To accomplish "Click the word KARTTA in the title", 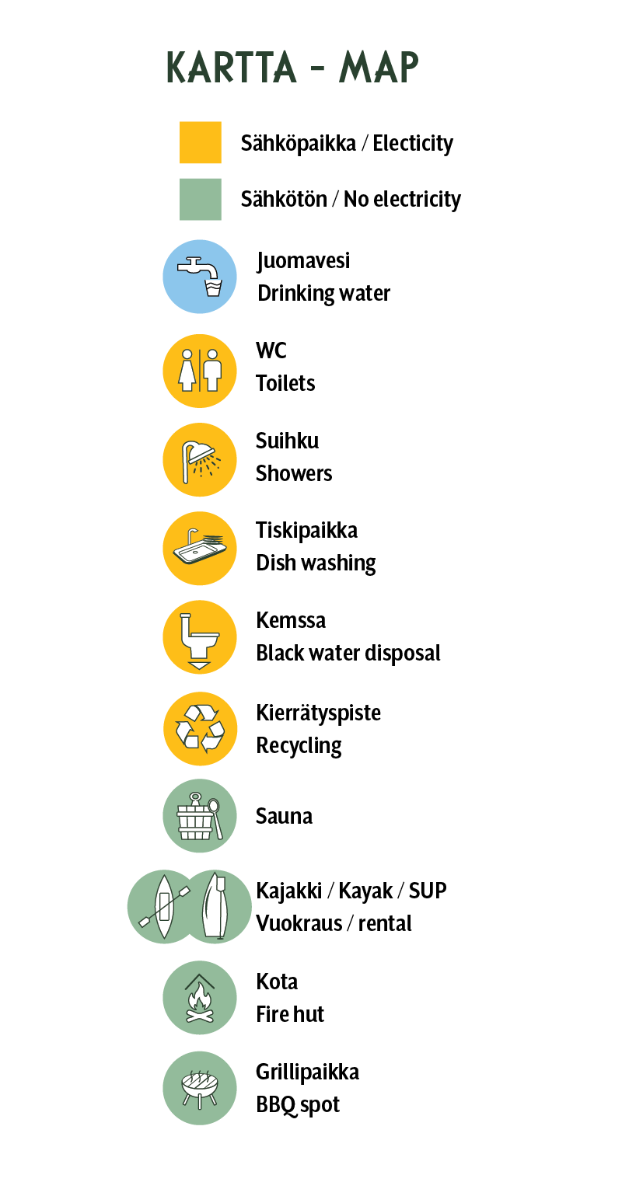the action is [x=231, y=68].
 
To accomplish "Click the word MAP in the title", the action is [x=379, y=68].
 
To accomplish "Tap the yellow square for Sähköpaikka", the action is [x=201, y=142].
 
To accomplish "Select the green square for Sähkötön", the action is [x=201, y=199].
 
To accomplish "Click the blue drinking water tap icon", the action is [x=200, y=277].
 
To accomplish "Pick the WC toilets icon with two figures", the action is [x=200, y=371].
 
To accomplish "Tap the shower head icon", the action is [x=200, y=460].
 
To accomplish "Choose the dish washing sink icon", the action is [x=200, y=549].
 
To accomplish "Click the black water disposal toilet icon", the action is [x=200, y=637].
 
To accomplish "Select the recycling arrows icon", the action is [x=201, y=729].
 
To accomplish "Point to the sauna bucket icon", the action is [x=200, y=816].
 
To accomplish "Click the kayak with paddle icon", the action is [x=163, y=907].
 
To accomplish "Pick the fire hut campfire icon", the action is [x=200, y=997].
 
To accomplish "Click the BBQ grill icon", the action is [x=200, y=1088].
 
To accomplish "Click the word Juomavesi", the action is [x=303, y=261].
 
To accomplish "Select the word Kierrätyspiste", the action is [x=318, y=713].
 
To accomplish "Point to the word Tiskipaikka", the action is [x=306, y=530].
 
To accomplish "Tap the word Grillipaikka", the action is [x=308, y=1072].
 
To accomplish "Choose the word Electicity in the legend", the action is [x=413, y=143].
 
